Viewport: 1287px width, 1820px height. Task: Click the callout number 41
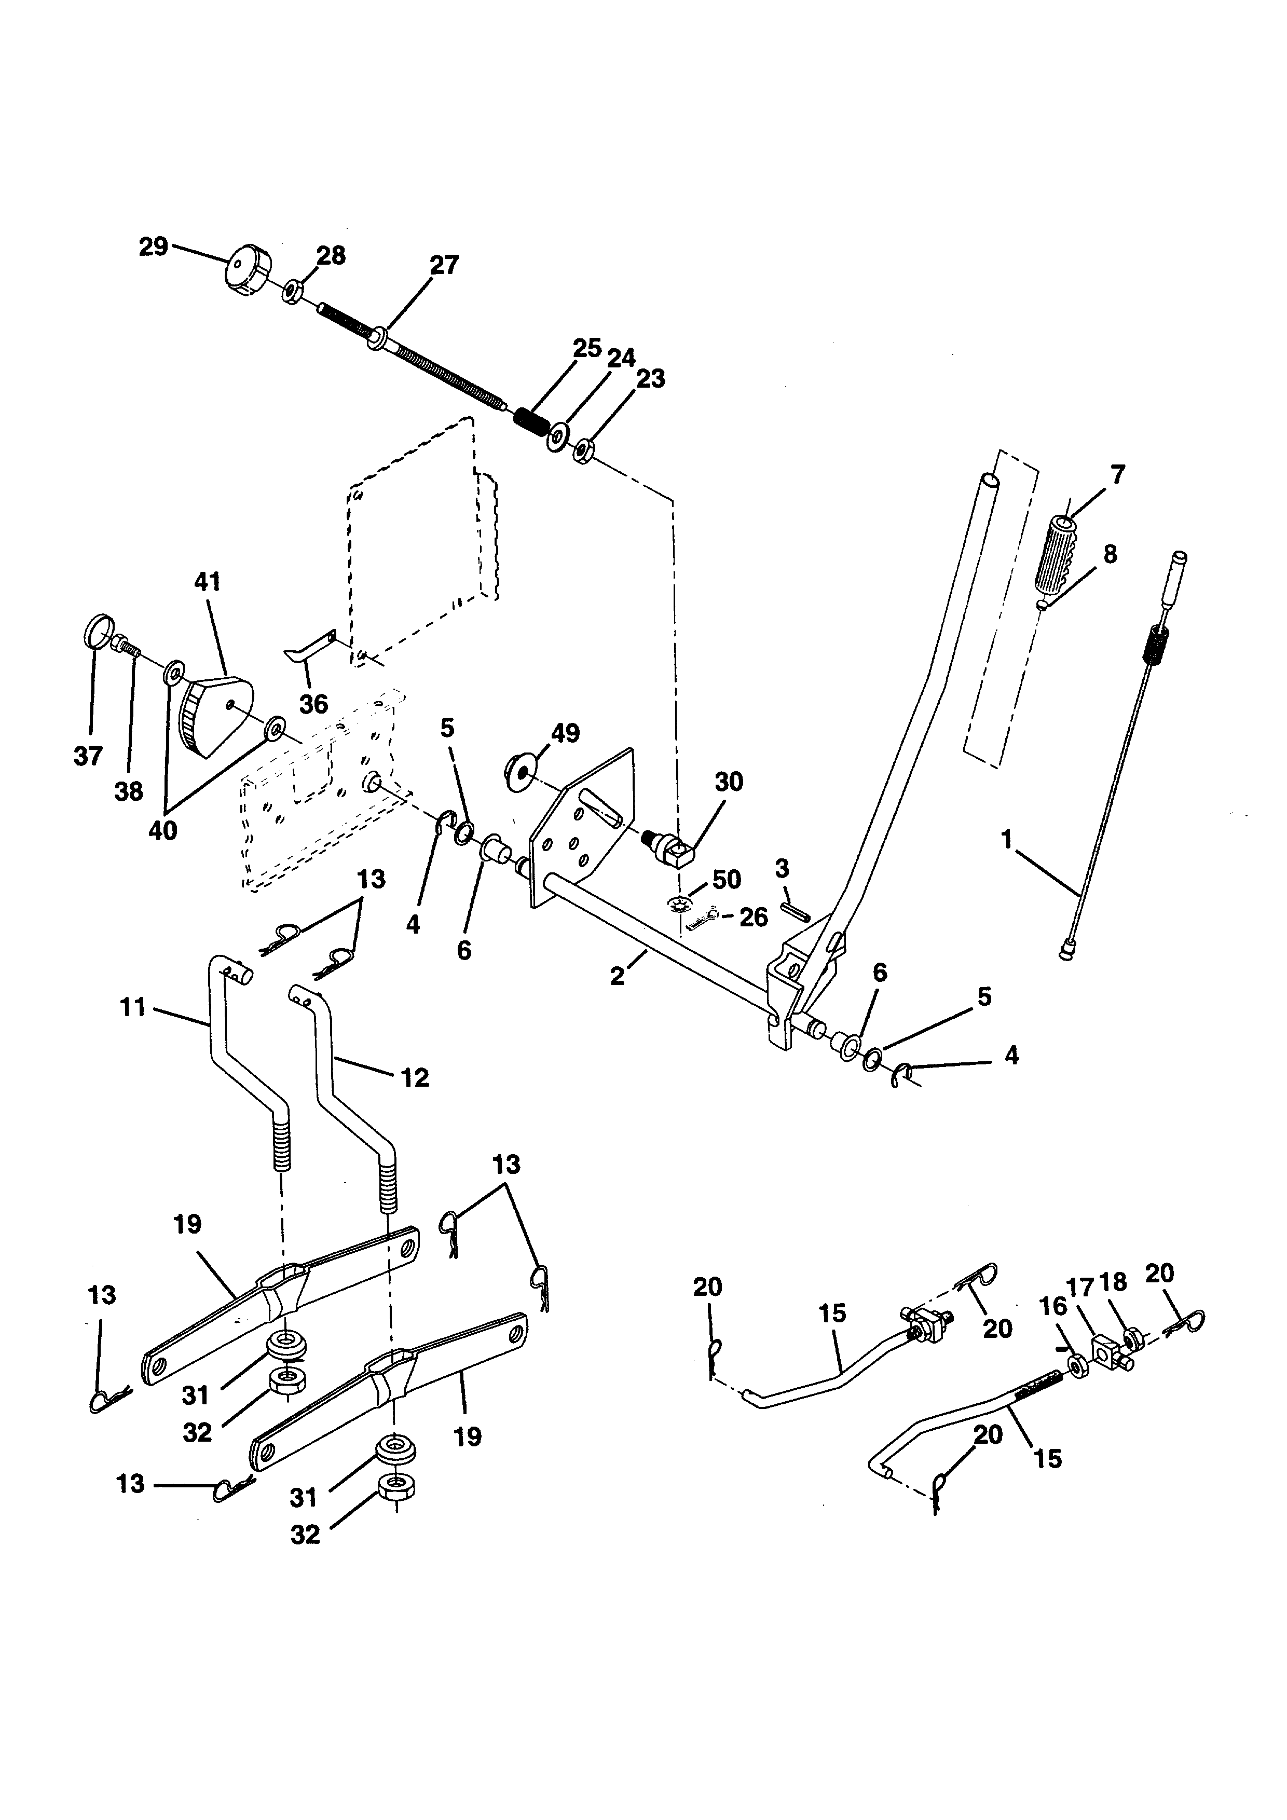pos(207,582)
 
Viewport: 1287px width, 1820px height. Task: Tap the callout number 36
pos(313,703)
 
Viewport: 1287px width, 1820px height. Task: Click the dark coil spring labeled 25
pos(531,420)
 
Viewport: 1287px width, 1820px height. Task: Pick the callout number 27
pos(444,265)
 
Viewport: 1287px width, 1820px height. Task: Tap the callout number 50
pos(726,880)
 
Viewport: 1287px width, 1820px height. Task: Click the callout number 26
pos(753,917)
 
